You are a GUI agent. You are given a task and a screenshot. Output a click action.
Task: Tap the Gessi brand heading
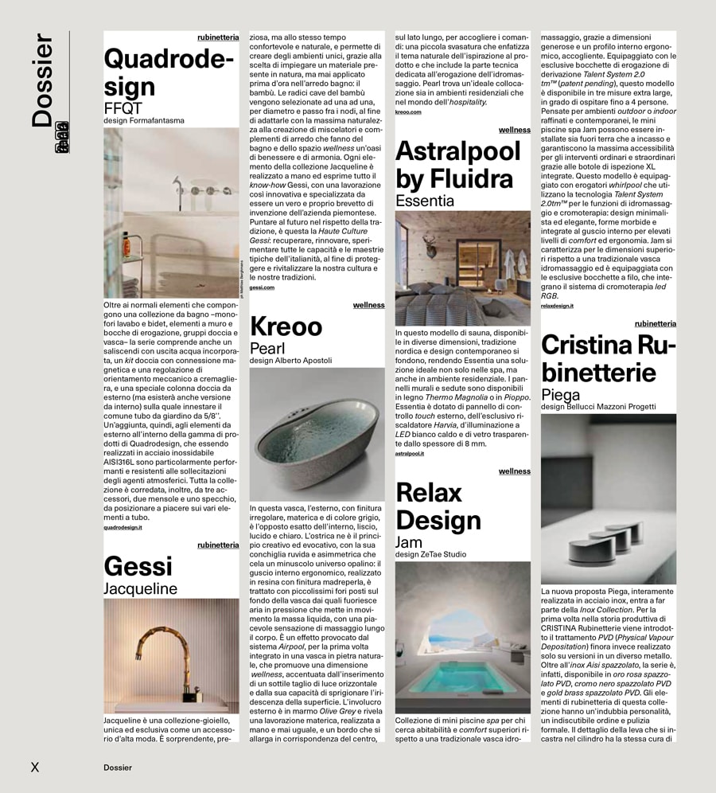[x=138, y=566]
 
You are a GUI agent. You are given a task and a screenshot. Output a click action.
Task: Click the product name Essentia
[x=425, y=201]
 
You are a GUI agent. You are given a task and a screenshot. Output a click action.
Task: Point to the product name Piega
[x=561, y=395]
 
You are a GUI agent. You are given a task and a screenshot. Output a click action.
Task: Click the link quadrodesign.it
[x=123, y=527]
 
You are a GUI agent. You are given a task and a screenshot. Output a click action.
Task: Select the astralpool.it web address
[x=410, y=453]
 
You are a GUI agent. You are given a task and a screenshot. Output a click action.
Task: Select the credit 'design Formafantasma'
[x=144, y=121]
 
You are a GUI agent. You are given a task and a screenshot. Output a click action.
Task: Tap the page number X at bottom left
[x=34, y=768]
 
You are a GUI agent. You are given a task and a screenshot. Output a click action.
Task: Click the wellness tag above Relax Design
[x=514, y=471]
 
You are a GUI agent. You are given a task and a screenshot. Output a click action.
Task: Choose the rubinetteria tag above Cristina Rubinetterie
[x=655, y=323]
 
